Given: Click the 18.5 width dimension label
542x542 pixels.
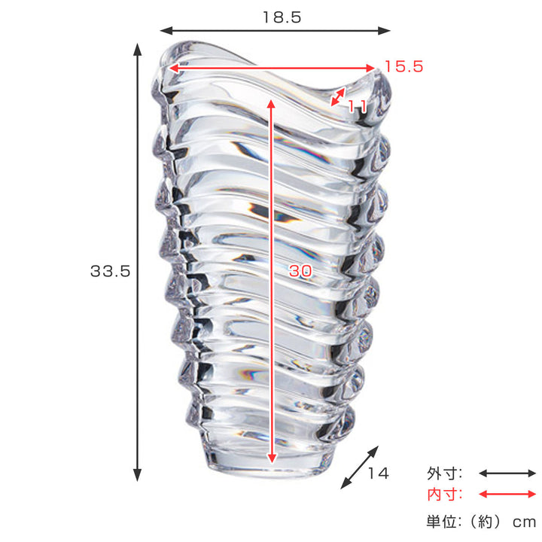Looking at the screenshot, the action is pyautogui.click(x=282, y=17).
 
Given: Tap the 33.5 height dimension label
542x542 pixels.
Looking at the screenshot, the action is pyautogui.click(x=110, y=271).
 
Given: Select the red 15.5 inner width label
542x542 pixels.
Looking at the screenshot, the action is pyautogui.click(x=403, y=66).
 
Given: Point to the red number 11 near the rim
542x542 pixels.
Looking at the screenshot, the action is pyautogui.click(x=357, y=106).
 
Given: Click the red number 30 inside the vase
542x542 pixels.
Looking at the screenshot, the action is pyautogui.click(x=300, y=271).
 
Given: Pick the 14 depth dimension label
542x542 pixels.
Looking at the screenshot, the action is pyautogui.click(x=378, y=473).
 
